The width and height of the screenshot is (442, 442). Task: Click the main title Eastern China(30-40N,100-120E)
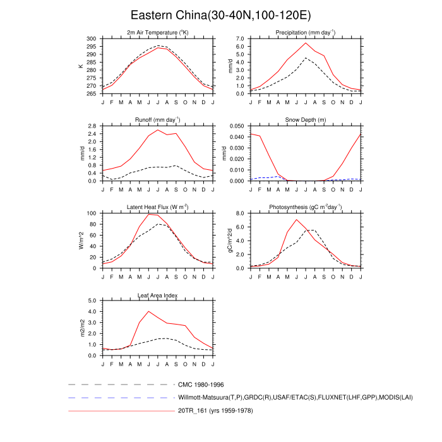click(x=220, y=15)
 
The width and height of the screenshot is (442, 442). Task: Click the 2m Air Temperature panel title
click(x=158, y=33)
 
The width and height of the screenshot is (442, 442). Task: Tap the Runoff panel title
click(x=158, y=120)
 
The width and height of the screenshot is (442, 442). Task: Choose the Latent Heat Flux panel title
click(x=158, y=207)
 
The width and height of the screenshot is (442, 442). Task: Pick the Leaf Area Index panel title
click(x=158, y=295)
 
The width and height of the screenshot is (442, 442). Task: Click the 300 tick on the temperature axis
click(x=92, y=39)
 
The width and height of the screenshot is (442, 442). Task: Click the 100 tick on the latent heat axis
click(x=92, y=213)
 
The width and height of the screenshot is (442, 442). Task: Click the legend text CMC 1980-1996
click(x=201, y=384)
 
